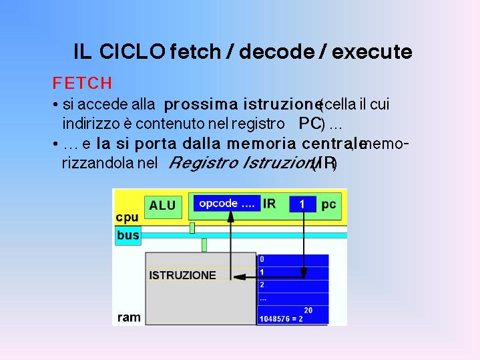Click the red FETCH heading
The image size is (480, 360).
pyautogui.click(x=82, y=83)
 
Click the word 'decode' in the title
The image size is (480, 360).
pyautogui.click(x=276, y=51)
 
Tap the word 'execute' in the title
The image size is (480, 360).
pyautogui.click(x=372, y=52)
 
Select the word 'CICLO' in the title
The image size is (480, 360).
pyautogui.click(x=133, y=51)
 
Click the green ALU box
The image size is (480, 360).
pyautogui.click(x=163, y=207)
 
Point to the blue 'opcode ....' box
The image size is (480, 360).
pyautogui.click(x=227, y=204)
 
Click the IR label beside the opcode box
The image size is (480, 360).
pyautogui.click(x=269, y=204)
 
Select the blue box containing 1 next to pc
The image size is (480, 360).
pyautogui.click(x=302, y=204)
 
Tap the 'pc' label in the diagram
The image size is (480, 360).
pyautogui.click(x=328, y=204)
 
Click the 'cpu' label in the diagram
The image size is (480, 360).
pyautogui.click(x=127, y=218)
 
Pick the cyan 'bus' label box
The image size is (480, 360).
pyautogui.click(x=128, y=235)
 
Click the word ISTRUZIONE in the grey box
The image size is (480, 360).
pyautogui.click(x=182, y=275)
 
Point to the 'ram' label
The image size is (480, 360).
pyautogui.click(x=129, y=317)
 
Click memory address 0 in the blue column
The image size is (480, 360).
pyautogui.click(x=262, y=259)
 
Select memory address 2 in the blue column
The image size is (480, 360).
pyautogui.click(x=262, y=285)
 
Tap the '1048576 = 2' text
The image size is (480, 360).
pyautogui.click(x=281, y=319)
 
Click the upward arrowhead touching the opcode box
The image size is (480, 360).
pyautogui.click(x=230, y=216)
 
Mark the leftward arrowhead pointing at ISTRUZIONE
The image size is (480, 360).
pyautogui.click(x=240, y=277)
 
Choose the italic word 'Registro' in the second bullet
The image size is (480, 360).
pyautogui.click(x=203, y=162)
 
